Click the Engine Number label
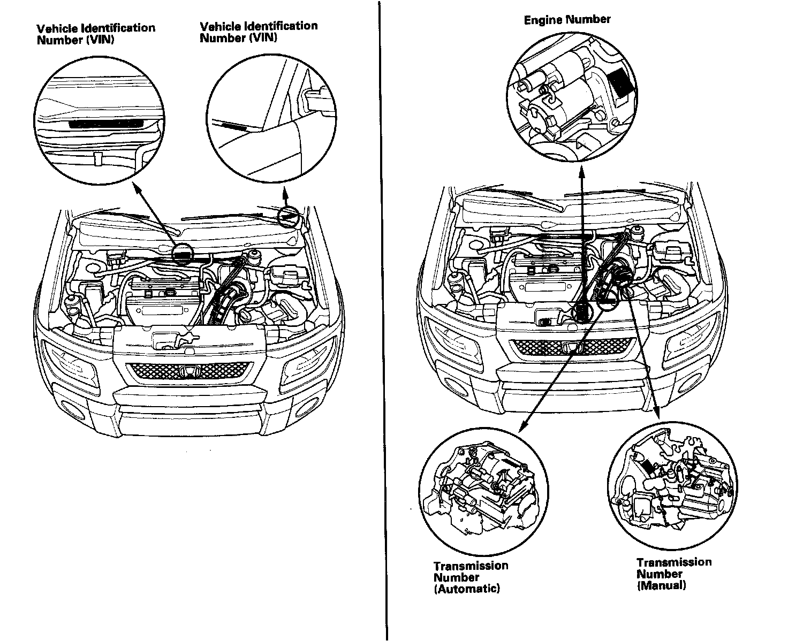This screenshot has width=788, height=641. pos(567,20)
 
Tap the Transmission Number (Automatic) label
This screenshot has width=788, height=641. pos(471,577)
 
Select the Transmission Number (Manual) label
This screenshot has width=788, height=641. pos(673,574)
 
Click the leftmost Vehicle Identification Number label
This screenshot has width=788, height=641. pos(96,34)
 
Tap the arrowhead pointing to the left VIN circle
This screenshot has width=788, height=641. pos(137,187)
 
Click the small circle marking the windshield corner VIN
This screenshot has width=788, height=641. pos(287,215)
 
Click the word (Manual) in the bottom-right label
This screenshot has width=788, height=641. pos(661,585)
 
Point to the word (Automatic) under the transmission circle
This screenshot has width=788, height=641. pos(467,589)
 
